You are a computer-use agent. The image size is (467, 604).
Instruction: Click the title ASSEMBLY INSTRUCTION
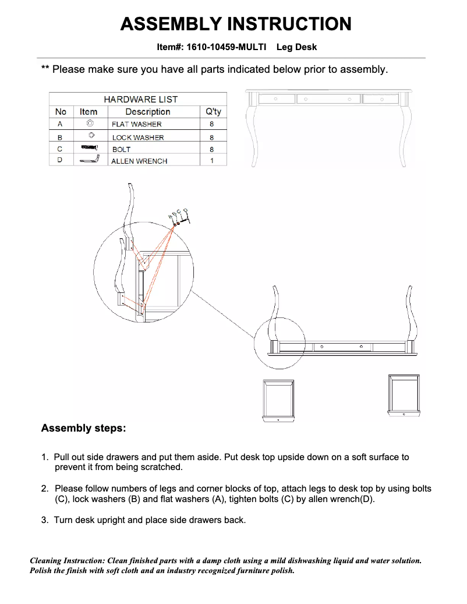tap(235, 24)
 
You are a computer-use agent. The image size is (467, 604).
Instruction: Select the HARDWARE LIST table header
tap(140, 99)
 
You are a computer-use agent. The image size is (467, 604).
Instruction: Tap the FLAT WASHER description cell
tap(136, 124)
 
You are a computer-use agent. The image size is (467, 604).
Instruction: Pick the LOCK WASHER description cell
tap(137, 137)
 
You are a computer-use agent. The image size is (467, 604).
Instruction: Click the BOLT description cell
tap(121, 149)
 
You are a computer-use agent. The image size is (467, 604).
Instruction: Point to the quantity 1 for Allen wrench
tap(212, 160)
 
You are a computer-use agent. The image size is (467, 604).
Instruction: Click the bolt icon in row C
tap(89, 147)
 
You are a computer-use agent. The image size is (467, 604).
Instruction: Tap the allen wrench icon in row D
tap(90, 159)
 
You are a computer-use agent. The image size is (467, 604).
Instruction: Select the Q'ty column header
tap(213, 111)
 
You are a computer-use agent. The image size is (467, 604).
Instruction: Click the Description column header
tap(148, 111)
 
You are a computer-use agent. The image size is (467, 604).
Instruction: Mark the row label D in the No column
tap(60, 160)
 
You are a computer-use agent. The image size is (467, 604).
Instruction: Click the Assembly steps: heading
tap(83, 428)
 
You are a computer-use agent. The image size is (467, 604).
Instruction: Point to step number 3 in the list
tap(44, 520)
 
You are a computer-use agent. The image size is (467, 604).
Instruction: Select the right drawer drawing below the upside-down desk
tap(404, 396)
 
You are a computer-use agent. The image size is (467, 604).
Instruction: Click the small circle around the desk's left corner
tap(280, 343)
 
